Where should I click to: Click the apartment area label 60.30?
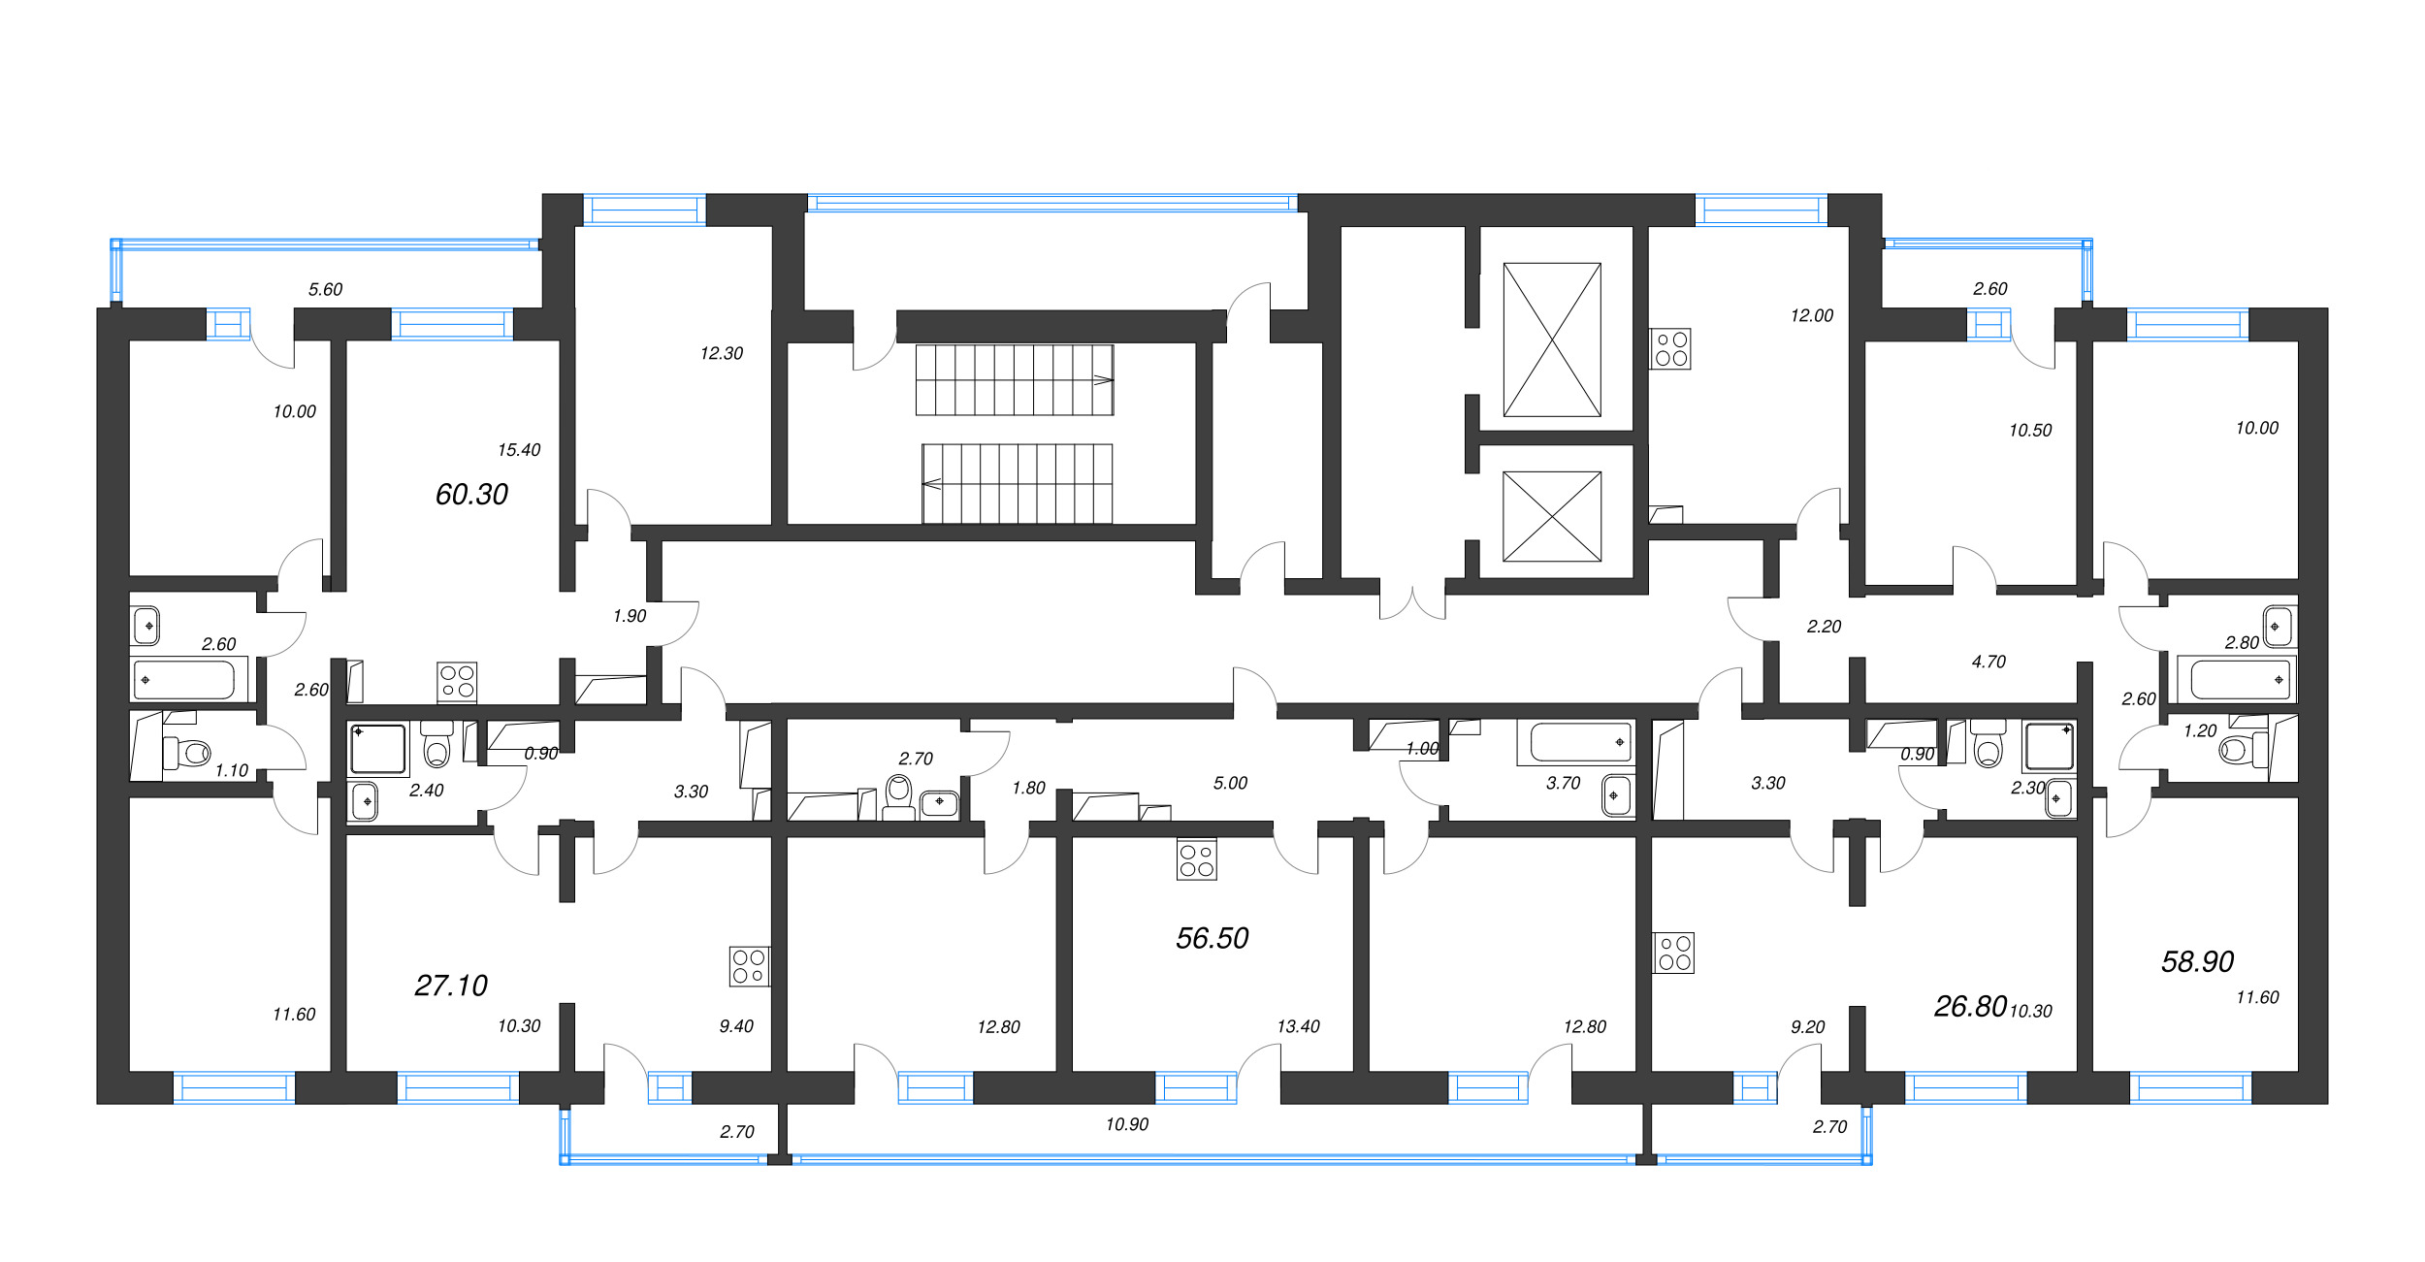[471, 495]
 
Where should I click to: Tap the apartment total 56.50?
[1212, 938]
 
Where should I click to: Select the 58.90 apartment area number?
[2197, 961]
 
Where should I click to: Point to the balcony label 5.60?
[325, 289]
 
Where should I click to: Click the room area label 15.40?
[519, 450]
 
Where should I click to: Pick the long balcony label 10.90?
[1126, 1124]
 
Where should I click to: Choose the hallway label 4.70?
[1988, 662]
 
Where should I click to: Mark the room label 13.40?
[1298, 1026]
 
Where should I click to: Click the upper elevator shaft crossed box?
[1552, 340]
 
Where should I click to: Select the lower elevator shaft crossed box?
[1552, 516]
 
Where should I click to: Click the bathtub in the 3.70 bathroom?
[1581, 743]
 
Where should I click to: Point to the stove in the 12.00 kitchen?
[1670, 349]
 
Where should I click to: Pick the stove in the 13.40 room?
[1196, 859]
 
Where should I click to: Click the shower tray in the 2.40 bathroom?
[378, 749]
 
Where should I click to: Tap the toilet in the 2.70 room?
[899, 796]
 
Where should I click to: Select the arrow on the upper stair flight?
[1104, 380]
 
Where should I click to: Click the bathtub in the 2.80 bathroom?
[2236, 680]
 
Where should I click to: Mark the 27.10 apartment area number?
[451, 986]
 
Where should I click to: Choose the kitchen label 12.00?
[1812, 315]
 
